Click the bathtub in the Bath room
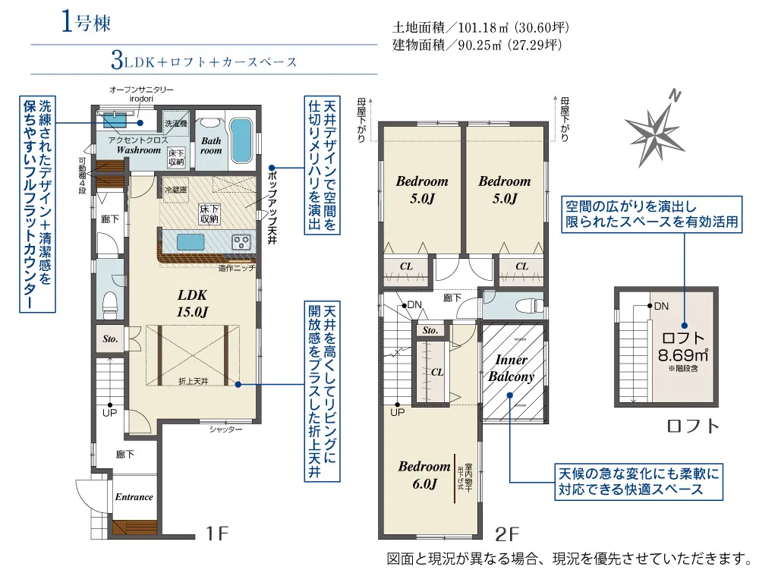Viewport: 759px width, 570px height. (241, 140)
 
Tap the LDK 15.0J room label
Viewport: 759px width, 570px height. (192, 304)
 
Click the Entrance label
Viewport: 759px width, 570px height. (134, 497)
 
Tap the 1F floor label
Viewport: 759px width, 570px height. (216, 534)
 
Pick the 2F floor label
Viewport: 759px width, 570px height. (506, 534)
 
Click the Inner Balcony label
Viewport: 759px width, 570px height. (511, 368)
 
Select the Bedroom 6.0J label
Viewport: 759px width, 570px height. (424, 474)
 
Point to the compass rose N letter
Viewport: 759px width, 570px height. (675, 96)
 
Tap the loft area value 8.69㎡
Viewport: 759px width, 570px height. (683, 355)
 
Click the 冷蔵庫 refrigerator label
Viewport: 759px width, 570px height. (176, 191)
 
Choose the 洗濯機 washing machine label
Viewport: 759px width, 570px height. (176, 124)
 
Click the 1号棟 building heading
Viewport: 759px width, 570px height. (87, 22)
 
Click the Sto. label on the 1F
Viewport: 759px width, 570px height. (110, 339)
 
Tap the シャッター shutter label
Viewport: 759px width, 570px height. (225, 429)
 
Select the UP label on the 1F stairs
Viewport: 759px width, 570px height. (110, 413)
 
